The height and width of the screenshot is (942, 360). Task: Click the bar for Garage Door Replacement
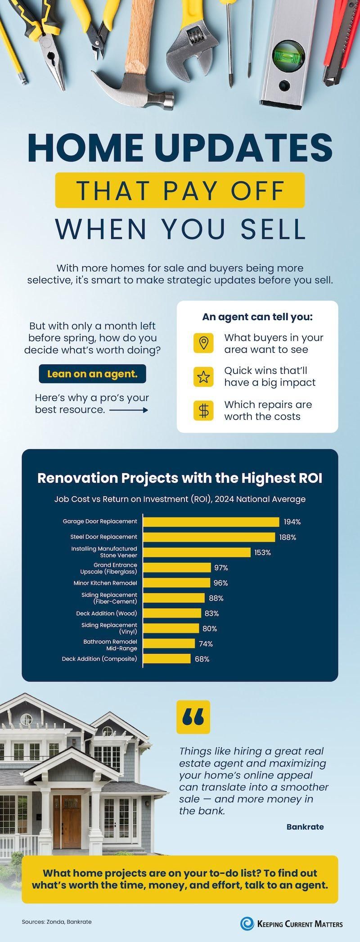[x=211, y=522]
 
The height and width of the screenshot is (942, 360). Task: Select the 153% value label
[x=263, y=552]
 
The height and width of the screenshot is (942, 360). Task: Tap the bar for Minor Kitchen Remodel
[x=177, y=583]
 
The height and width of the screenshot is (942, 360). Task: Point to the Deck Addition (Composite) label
[x=99, y=659]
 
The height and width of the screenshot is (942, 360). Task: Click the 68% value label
[x=202, y=659]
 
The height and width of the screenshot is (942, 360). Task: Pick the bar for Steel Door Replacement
[x=209, y=537]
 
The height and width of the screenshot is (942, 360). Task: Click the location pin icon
[x=204, y=343]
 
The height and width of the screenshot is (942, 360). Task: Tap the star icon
[x=204, y=377]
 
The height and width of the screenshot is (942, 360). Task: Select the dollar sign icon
[x=204, y=410]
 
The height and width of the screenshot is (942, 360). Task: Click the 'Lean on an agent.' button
[x=92, y=374]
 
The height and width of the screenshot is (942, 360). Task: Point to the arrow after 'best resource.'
[x=129, y=410]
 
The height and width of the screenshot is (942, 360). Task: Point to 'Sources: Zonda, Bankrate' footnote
[x=57, y=922]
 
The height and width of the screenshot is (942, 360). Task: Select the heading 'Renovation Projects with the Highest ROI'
[x=180, y=478]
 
